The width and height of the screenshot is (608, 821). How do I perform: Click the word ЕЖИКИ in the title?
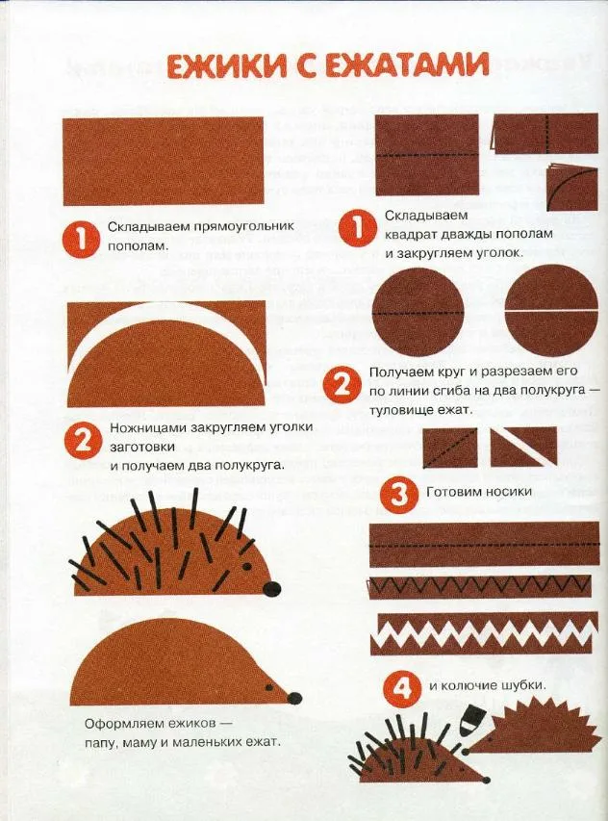click(x=228, y=66)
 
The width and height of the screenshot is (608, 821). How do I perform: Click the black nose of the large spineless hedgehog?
click(x=294, y=697)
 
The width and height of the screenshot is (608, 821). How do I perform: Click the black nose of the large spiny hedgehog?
click(x=271, y=588)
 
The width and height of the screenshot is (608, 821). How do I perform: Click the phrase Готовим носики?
click(x=479, y=492)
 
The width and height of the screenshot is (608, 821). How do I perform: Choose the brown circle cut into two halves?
click(x=552, y=312)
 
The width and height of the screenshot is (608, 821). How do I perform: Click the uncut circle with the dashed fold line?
click(x=418, y=313)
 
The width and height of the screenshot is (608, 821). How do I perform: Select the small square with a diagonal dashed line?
click(x=450, y=448)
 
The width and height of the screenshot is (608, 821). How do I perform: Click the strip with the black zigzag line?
click(x=480, y=587)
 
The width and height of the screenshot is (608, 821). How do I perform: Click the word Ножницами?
click(x=149, y=427)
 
